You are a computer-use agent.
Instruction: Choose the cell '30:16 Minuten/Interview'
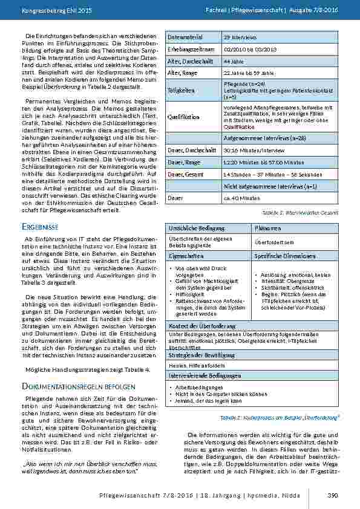coord(253,151)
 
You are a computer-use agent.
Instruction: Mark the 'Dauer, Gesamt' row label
coord(185,174)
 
